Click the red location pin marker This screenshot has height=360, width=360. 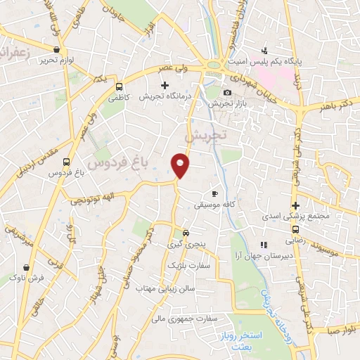coord(181,165)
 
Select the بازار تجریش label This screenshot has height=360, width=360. coord(226,104)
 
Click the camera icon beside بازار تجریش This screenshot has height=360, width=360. coord(226,93)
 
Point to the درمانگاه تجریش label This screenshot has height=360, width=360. coord(165,96)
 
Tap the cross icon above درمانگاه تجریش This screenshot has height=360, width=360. coord(165,85)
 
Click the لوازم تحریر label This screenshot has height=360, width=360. coord(57,60)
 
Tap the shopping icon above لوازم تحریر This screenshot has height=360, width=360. coord(56,49)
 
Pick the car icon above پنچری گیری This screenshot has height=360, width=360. coord(185,233)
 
